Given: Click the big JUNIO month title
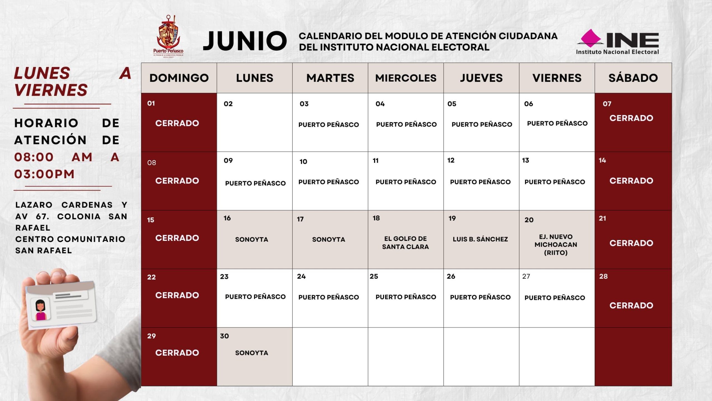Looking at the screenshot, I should pos(245,41).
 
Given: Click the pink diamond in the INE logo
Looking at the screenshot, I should pos(591,38).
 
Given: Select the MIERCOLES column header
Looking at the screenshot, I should pos(406,78).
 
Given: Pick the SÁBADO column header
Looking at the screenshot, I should pos(633,78).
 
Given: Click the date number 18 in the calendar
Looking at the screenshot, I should pos(376,218).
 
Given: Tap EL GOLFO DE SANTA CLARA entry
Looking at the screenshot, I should pos(406,243).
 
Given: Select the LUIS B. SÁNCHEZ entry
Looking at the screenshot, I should pos(480,239).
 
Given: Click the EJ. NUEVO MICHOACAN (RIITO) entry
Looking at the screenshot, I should pos(556,244).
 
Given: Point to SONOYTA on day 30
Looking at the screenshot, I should pos(251,353).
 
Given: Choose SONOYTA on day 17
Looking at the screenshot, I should pos(328,239).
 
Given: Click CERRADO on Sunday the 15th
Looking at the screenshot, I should pos(177,238).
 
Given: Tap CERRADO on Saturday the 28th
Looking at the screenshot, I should pos(631,305).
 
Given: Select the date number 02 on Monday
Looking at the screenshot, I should pos(228,104).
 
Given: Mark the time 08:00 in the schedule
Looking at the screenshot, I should pos(34,157).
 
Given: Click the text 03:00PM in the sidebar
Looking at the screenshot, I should pos(44,174).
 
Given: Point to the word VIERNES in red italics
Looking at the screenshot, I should pos(51,90).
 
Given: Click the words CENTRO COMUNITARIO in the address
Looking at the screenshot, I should pos(70,239).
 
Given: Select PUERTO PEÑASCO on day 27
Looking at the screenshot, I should pos(555,298).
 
